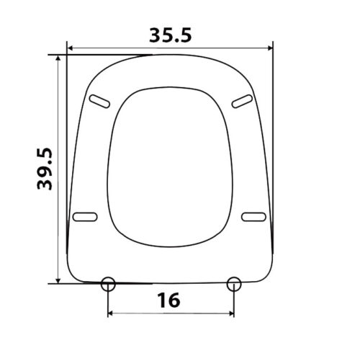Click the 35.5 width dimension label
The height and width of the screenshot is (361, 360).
click(171, 35)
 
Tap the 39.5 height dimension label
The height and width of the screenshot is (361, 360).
click(45, 169)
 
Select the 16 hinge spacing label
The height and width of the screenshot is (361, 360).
click(168, 300)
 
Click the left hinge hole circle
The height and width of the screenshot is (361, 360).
click(108, 284)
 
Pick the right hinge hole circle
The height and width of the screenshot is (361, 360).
click(234, 284)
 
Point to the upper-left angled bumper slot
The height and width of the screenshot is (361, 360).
click(99, 102)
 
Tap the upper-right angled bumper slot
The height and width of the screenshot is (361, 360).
click(242, 102)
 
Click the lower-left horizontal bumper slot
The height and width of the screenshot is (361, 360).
click(85, 217)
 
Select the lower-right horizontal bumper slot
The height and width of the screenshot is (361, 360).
click(253, 217)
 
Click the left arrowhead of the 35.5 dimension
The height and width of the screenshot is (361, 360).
click(70, 48)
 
